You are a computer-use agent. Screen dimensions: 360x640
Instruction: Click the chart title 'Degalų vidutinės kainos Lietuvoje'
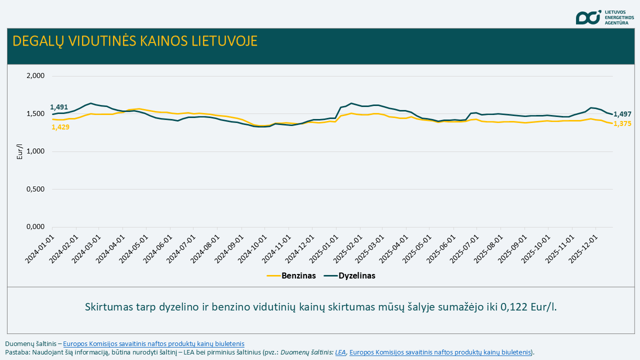click(x=135, y=41)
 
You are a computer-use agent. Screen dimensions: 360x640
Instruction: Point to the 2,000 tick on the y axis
click(x=35, y=76)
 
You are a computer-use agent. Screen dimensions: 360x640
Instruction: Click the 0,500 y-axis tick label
click(x=35, y=189)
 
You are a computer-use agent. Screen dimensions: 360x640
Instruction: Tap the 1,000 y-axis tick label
click(x=35, y=151)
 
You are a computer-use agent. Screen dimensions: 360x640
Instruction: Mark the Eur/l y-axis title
click(x=20, y=151)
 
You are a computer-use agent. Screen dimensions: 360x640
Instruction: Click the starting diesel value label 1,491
click(x=59, y=107)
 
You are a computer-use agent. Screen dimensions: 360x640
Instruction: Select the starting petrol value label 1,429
click(x=60, y=127)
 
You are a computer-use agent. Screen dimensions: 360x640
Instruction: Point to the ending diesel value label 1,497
click(x=622, y=114)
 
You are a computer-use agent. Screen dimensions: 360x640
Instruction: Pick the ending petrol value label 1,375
click(x=622, y=123)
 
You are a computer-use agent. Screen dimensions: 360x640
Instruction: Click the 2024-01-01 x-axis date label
click(x=41, y=246)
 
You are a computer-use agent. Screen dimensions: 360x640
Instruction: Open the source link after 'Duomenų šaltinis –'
click(x=153, y=343)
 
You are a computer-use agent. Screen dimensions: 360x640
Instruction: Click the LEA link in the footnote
click(x=340, y=352)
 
